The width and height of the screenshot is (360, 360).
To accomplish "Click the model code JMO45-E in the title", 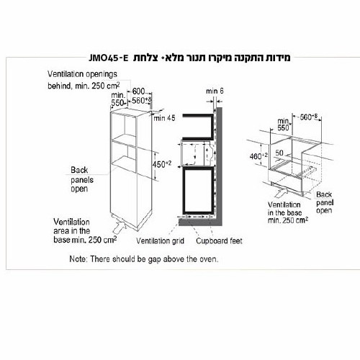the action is point(109,58).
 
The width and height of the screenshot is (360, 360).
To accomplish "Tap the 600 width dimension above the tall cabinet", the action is point(138,91).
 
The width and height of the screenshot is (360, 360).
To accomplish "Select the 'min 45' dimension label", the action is point(164,118).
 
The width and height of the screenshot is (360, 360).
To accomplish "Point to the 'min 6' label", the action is point(215,91).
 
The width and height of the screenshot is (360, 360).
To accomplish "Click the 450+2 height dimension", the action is point(162,164).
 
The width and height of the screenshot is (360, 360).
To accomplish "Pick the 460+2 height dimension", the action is point(258,156).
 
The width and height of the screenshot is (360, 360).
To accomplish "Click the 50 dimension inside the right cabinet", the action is point(279,153).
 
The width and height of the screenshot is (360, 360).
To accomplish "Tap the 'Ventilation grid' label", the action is point(160,240).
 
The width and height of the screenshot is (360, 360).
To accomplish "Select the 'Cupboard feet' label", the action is point(219,240).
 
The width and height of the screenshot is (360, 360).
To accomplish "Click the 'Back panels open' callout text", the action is point(82,179).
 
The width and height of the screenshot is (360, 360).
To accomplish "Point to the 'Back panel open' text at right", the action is point(325,202).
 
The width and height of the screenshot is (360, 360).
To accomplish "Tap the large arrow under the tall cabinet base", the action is point(120,226).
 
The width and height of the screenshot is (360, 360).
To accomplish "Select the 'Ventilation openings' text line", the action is point(82,74).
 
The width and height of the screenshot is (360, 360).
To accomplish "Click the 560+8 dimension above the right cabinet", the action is point(309,117).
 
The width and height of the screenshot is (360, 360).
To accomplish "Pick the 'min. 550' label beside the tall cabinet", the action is point(118,99).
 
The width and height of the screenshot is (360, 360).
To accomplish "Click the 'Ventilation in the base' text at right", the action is point(285,209).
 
